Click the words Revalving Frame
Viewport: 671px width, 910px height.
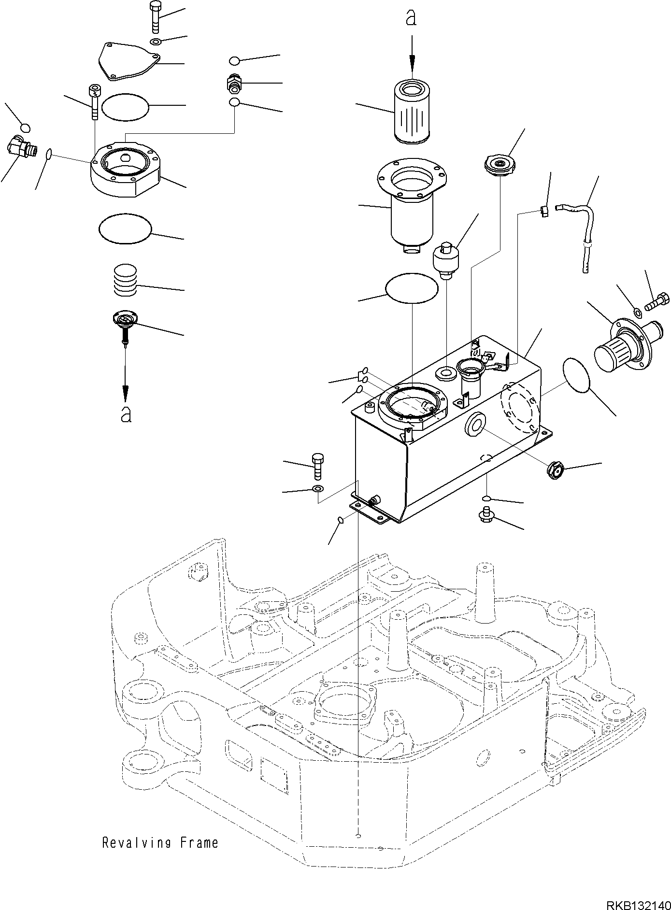tap(160, 843)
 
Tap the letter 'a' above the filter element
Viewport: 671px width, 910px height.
tap(411, 18)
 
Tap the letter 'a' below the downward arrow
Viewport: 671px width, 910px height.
tap(126, 414)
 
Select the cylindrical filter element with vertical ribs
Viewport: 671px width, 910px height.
tap(412, 112)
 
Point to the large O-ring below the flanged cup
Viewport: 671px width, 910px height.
tap(412, 288)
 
